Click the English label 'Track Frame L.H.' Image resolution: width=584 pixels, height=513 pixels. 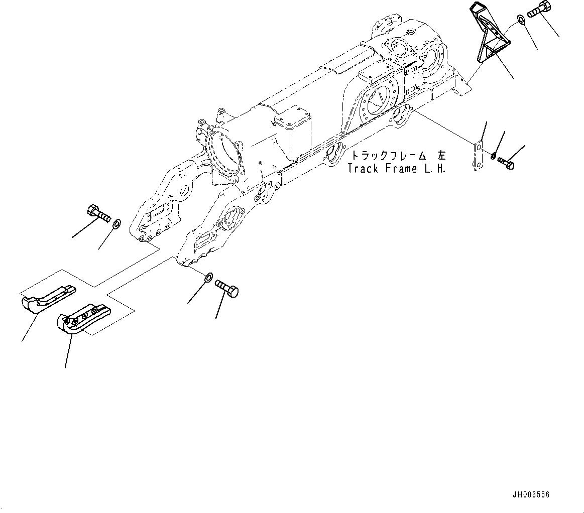point(397,169)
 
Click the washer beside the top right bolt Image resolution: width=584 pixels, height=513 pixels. point(521,21)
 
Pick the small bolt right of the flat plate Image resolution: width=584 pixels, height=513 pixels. point(506,162)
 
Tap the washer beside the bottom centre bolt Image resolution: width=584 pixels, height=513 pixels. point(208,277)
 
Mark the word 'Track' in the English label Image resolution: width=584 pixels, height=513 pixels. point(364,169)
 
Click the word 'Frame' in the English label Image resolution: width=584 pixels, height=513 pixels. point(402,169)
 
